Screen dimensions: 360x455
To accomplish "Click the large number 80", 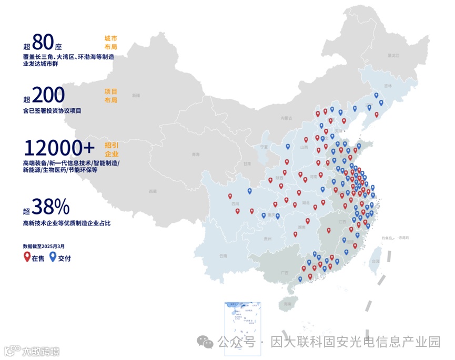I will pos(43,42).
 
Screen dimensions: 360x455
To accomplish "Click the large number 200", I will pos(48,95).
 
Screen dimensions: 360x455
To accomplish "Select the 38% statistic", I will pos(50,207).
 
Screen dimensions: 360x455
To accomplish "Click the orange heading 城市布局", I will pos(110,43).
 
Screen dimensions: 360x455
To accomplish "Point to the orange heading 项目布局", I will pos(110,95).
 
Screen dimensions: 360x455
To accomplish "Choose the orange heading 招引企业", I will pos(110,149).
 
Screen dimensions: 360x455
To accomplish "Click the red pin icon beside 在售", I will pos(27,257).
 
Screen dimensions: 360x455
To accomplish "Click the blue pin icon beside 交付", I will pos(53,257).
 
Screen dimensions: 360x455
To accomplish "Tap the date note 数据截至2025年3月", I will pos(44,245).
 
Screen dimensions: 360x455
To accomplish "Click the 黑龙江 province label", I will pos(393,55).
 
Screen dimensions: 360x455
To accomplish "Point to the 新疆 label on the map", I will pos(136,96).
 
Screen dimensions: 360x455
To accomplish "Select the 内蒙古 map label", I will pos(286,118).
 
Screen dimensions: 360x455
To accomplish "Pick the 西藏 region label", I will pos(153,191).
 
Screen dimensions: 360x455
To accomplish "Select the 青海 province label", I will pos(196,155).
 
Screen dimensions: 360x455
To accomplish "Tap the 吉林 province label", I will pos(388,86).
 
